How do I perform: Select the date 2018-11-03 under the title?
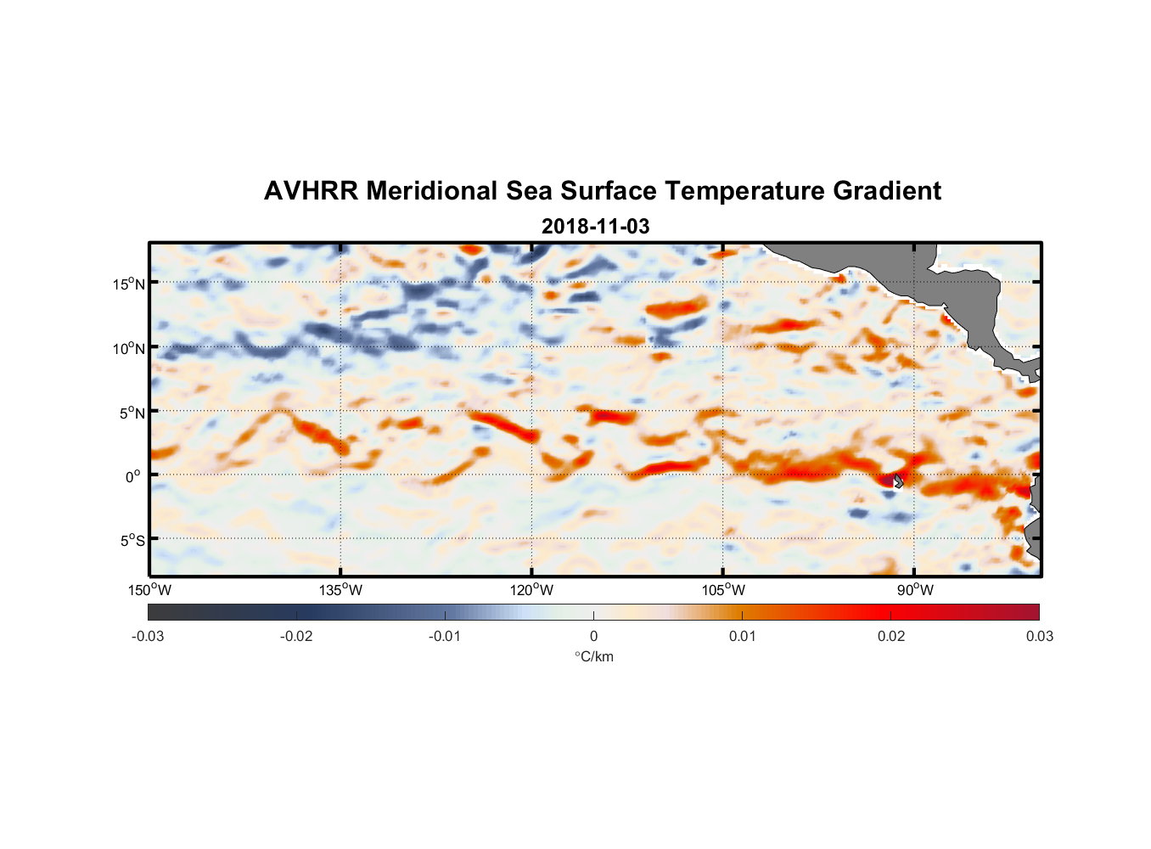[595, 227]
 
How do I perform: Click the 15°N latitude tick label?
[129, 284]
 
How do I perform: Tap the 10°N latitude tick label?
[129, 348]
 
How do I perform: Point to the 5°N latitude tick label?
[132, 413]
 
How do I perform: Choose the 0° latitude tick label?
[133, 477]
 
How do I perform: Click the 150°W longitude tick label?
[150, 590]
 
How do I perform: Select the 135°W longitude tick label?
[341, 590]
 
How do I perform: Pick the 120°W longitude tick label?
[532, 590]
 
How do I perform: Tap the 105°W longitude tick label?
[723, 590]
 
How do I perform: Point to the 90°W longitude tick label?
[914, 590]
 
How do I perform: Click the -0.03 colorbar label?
[148, 636]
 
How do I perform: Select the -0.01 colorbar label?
[445, 636]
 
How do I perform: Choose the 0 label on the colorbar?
[593, 636]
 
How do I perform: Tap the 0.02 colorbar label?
[891, 636]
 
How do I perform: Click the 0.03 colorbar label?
[1039, 636]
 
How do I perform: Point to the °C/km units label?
[593, 656]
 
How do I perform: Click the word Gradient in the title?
[887, 191]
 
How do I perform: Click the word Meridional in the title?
[432, 191]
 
